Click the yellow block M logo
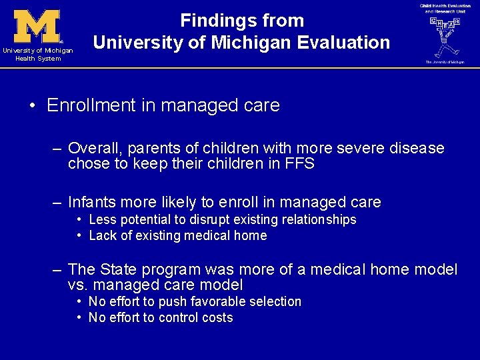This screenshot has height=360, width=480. [x=37, y=26]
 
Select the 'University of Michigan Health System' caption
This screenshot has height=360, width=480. [x=37, y=54]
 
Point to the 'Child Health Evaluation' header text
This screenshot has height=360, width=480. [x=445, y=6]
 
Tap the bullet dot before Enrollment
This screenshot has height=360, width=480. [x=32, y=105]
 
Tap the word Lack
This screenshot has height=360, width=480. [x=102, y=235]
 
